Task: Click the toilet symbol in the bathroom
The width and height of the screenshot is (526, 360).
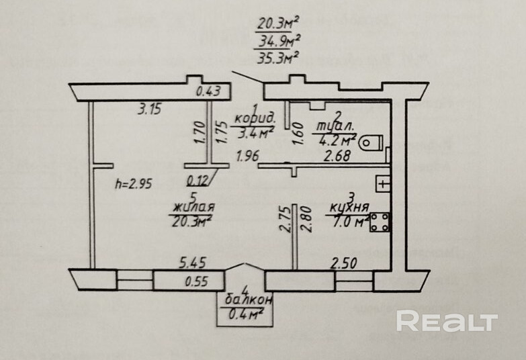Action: coord(371,142)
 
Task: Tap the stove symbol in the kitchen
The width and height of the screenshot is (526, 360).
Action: coord(381,222)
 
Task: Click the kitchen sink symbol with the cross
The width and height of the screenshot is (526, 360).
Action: coord(382,183)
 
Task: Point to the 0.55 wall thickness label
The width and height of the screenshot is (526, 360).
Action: coord(197,282)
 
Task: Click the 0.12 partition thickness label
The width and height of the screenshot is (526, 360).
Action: coord(200,179)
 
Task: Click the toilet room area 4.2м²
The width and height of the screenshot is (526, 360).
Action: coord(339,140)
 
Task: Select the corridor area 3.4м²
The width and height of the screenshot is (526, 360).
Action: coord(254,134)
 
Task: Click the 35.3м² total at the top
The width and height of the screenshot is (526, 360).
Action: coord(277,58)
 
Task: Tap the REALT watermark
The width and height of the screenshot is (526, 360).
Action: coord(446,321)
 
